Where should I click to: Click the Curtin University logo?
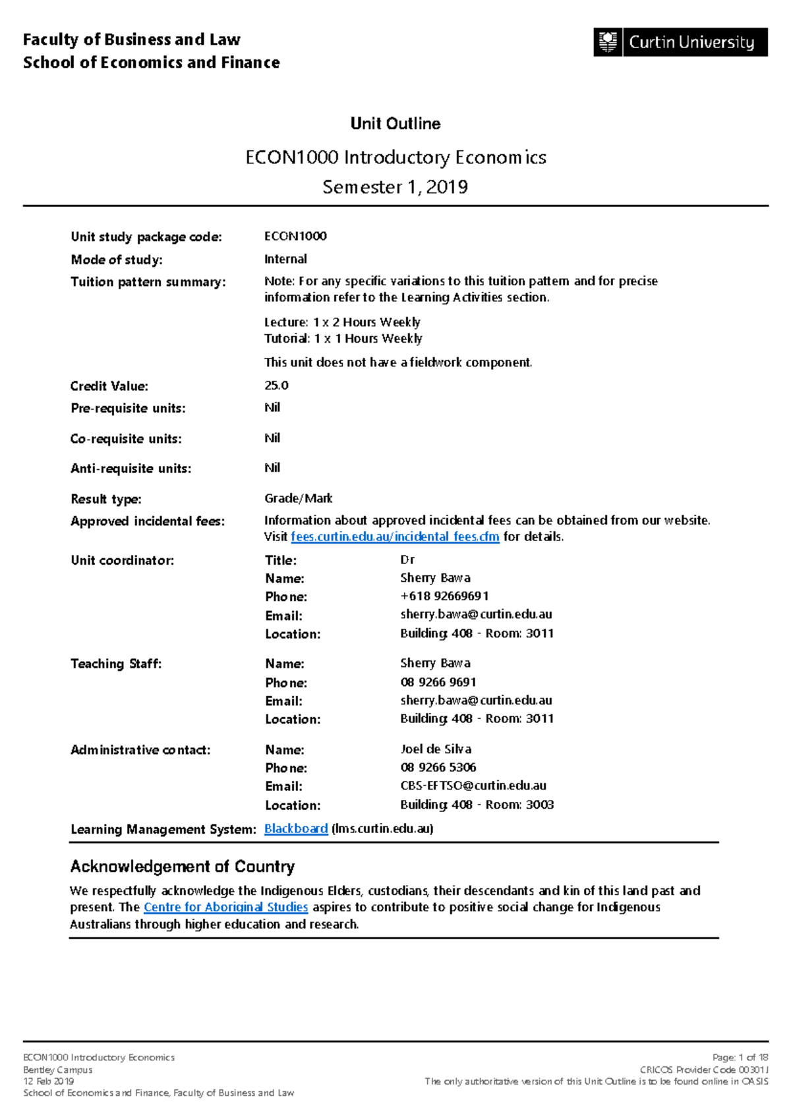coord(680,42)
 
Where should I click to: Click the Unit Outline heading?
coord(395,124)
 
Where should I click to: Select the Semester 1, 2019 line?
coord(395,187)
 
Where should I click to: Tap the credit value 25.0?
coord(276,386)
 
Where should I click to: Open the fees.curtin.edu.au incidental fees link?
coord(395,537)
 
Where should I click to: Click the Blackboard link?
coord(296,829)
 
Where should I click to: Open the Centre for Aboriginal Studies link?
coord(225,907)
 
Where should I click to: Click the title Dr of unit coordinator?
coord(407,560)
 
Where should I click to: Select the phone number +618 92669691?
coord(444,596)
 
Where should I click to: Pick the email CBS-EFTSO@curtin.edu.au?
coord(473,786)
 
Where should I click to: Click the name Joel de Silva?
coord(436,749)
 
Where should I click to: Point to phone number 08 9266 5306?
coord(438,768)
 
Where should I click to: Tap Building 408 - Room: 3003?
coord(477,805)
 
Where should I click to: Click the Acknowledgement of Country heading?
coord(183,867)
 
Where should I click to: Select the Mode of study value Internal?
coord(285,259)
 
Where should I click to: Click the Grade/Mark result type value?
coord(298,499)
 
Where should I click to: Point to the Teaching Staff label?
coord(116,664)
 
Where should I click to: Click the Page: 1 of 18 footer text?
coord(740,1058)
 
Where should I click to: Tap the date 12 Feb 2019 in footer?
coord(49,1081)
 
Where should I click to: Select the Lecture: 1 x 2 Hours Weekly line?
coord(342,322)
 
